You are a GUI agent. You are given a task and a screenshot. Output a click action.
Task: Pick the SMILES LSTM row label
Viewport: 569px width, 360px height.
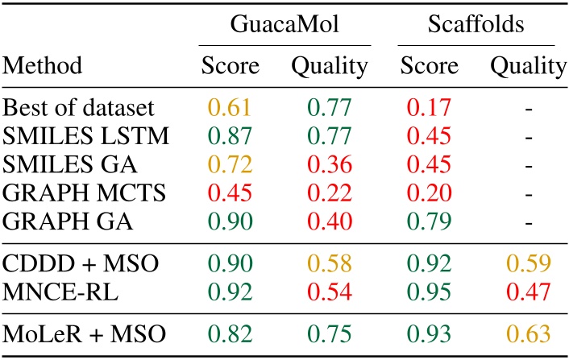point(86,136)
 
